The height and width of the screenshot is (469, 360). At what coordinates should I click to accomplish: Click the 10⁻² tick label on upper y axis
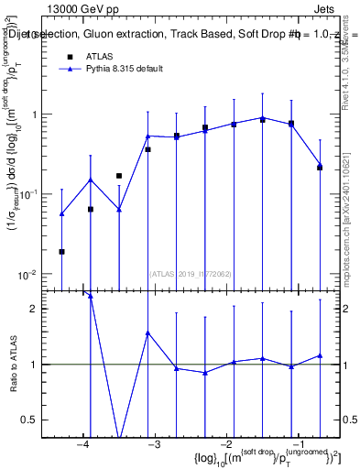point(26,275)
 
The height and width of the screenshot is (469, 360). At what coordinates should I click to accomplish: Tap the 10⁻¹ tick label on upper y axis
point(26,194)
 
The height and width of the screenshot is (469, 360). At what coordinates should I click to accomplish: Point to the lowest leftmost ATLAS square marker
point(61,251)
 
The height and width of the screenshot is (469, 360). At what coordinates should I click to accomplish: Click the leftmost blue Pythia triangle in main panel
point(61,213)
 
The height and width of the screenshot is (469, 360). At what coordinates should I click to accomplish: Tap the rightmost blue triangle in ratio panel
point(320,355)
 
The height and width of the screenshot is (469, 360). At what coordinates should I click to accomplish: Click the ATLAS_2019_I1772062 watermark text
point(191,273)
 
